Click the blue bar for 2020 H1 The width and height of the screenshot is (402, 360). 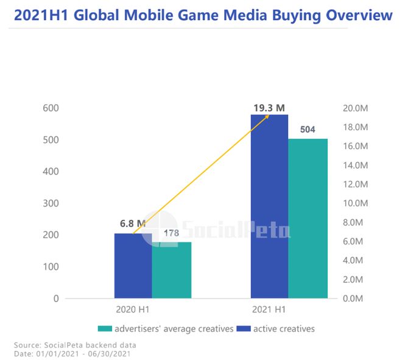[133, 266]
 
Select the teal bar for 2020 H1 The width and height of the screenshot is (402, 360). [172, 270]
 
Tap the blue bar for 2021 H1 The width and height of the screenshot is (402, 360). [269, 207]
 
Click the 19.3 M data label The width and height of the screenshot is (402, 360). [269, 108]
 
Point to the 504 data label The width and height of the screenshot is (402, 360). [308, 130]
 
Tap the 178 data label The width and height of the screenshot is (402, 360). [172, 233]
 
